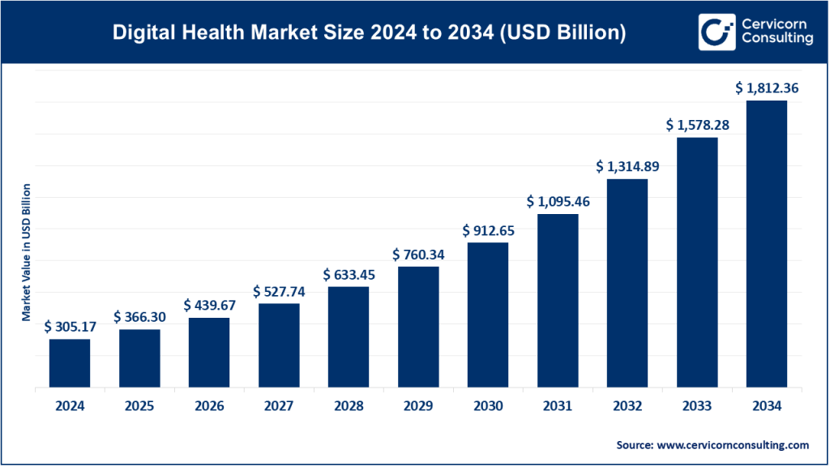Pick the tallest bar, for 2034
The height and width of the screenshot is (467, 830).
[x=766, y=243]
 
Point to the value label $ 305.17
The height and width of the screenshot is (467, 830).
[x=70, y=327]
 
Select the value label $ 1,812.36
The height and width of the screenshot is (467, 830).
[x=767, y=88]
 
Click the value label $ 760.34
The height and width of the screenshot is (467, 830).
[x=418, y=255]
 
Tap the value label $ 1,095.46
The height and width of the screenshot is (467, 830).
[x=558, y=201]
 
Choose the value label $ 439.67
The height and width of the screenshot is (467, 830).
[x=209, y=305]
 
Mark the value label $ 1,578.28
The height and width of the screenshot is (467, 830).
[x=697, y=125]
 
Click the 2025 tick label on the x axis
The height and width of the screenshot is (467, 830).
[x=139, y=407]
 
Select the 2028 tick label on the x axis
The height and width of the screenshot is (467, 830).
[x=349, y=407]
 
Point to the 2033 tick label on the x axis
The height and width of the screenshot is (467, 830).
[x=697, y=407]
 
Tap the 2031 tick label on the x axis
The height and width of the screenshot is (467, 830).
[x=558, y=407]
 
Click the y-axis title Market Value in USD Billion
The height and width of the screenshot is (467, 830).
[x=27, y=251]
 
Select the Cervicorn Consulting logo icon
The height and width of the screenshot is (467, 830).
[x=717, y=32]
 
